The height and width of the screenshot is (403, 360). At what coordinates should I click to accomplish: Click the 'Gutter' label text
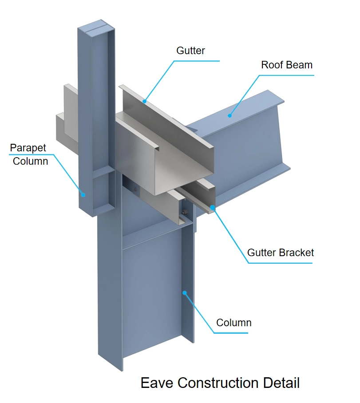point(190,51)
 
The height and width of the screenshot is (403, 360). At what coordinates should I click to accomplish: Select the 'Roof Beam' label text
point(286,65)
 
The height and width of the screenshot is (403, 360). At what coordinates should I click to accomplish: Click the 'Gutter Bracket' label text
point(280,253)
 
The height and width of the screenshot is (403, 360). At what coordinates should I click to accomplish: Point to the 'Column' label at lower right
point(233,323)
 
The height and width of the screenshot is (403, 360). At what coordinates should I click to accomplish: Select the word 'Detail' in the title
point(280,383)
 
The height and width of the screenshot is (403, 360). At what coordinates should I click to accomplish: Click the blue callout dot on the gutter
point(144,101)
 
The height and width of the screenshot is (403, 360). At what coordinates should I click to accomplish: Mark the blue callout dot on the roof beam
point(229,116)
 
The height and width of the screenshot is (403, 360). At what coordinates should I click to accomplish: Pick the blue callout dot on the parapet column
point(83,194)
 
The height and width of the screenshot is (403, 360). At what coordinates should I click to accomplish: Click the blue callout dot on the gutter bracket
point(213,207)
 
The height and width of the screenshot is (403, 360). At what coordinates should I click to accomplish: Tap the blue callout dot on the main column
point(185,292)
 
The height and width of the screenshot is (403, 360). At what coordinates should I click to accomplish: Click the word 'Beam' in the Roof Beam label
point(299,65)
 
